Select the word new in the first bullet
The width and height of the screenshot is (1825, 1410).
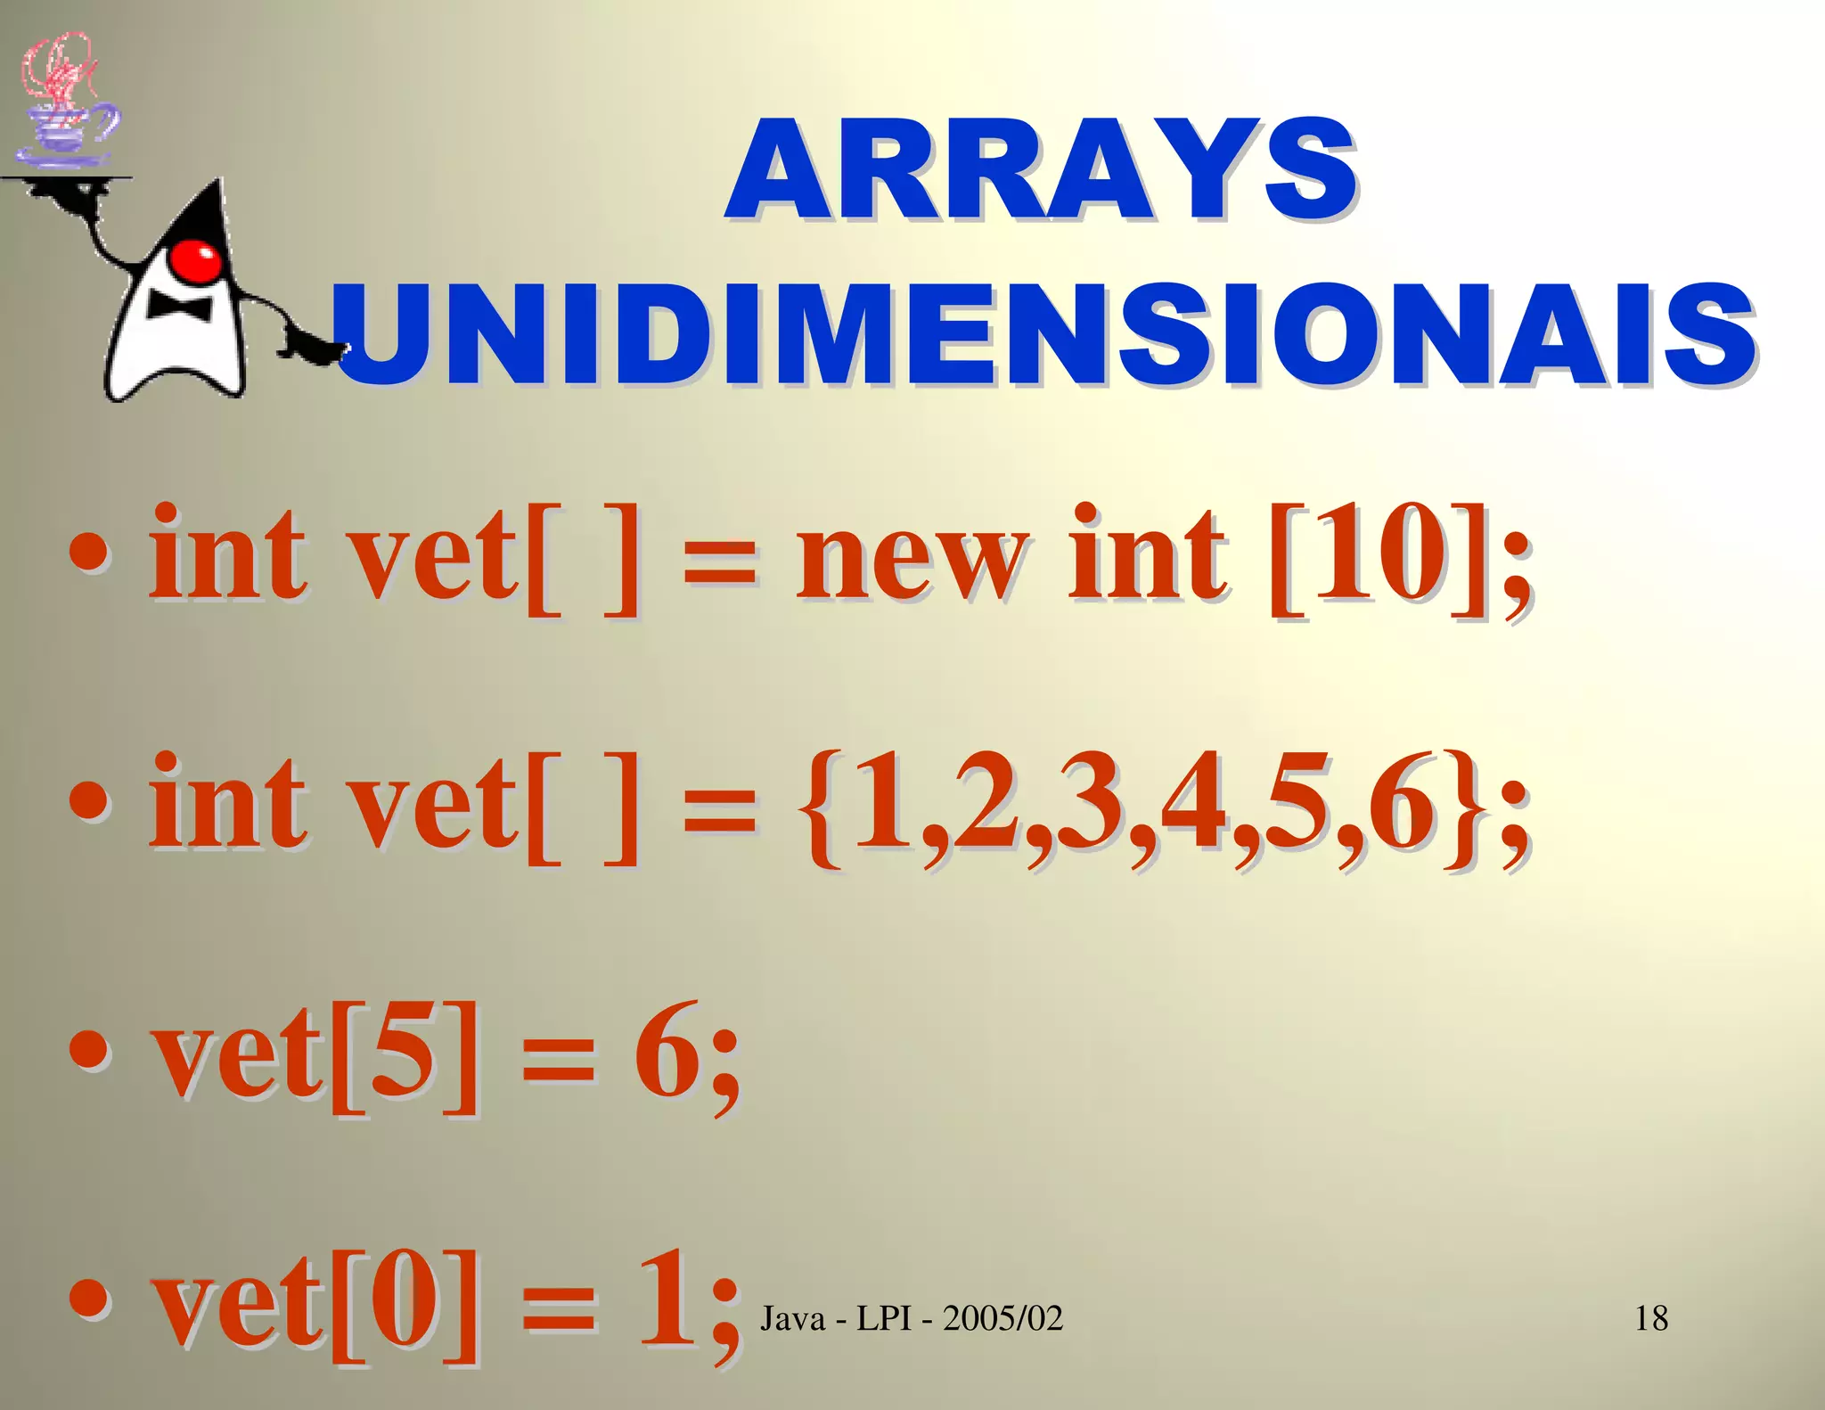point(911,557)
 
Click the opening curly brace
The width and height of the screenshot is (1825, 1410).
point(823,807)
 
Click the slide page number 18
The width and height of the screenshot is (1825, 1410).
point(1651,1318)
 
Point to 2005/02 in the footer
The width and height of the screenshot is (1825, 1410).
point(1003,1318)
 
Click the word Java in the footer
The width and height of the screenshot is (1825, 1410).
point(793,1318)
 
